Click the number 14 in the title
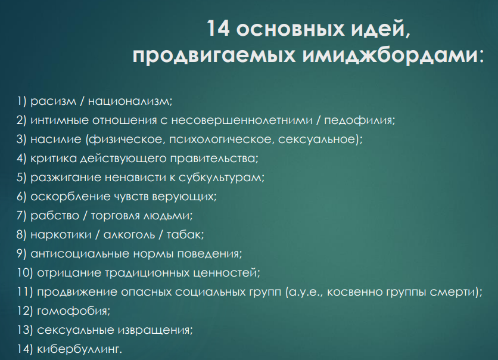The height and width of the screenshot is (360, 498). point(218,28)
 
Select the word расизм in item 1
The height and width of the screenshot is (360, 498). point(54,101)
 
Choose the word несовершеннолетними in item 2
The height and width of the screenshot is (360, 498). point(242,120)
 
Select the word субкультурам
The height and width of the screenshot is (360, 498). point(220,178)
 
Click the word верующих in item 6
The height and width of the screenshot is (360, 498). point(183,197)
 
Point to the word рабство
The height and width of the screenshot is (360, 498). point(55,216)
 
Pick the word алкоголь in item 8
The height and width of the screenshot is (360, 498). point(129,235)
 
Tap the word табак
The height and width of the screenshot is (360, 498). point(184,235)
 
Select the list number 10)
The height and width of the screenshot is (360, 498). point(25,273)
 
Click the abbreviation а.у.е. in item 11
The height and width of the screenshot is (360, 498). point(305,292)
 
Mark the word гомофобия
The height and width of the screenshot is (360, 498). point(73,311)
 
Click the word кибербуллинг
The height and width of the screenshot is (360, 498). point(79,349)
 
